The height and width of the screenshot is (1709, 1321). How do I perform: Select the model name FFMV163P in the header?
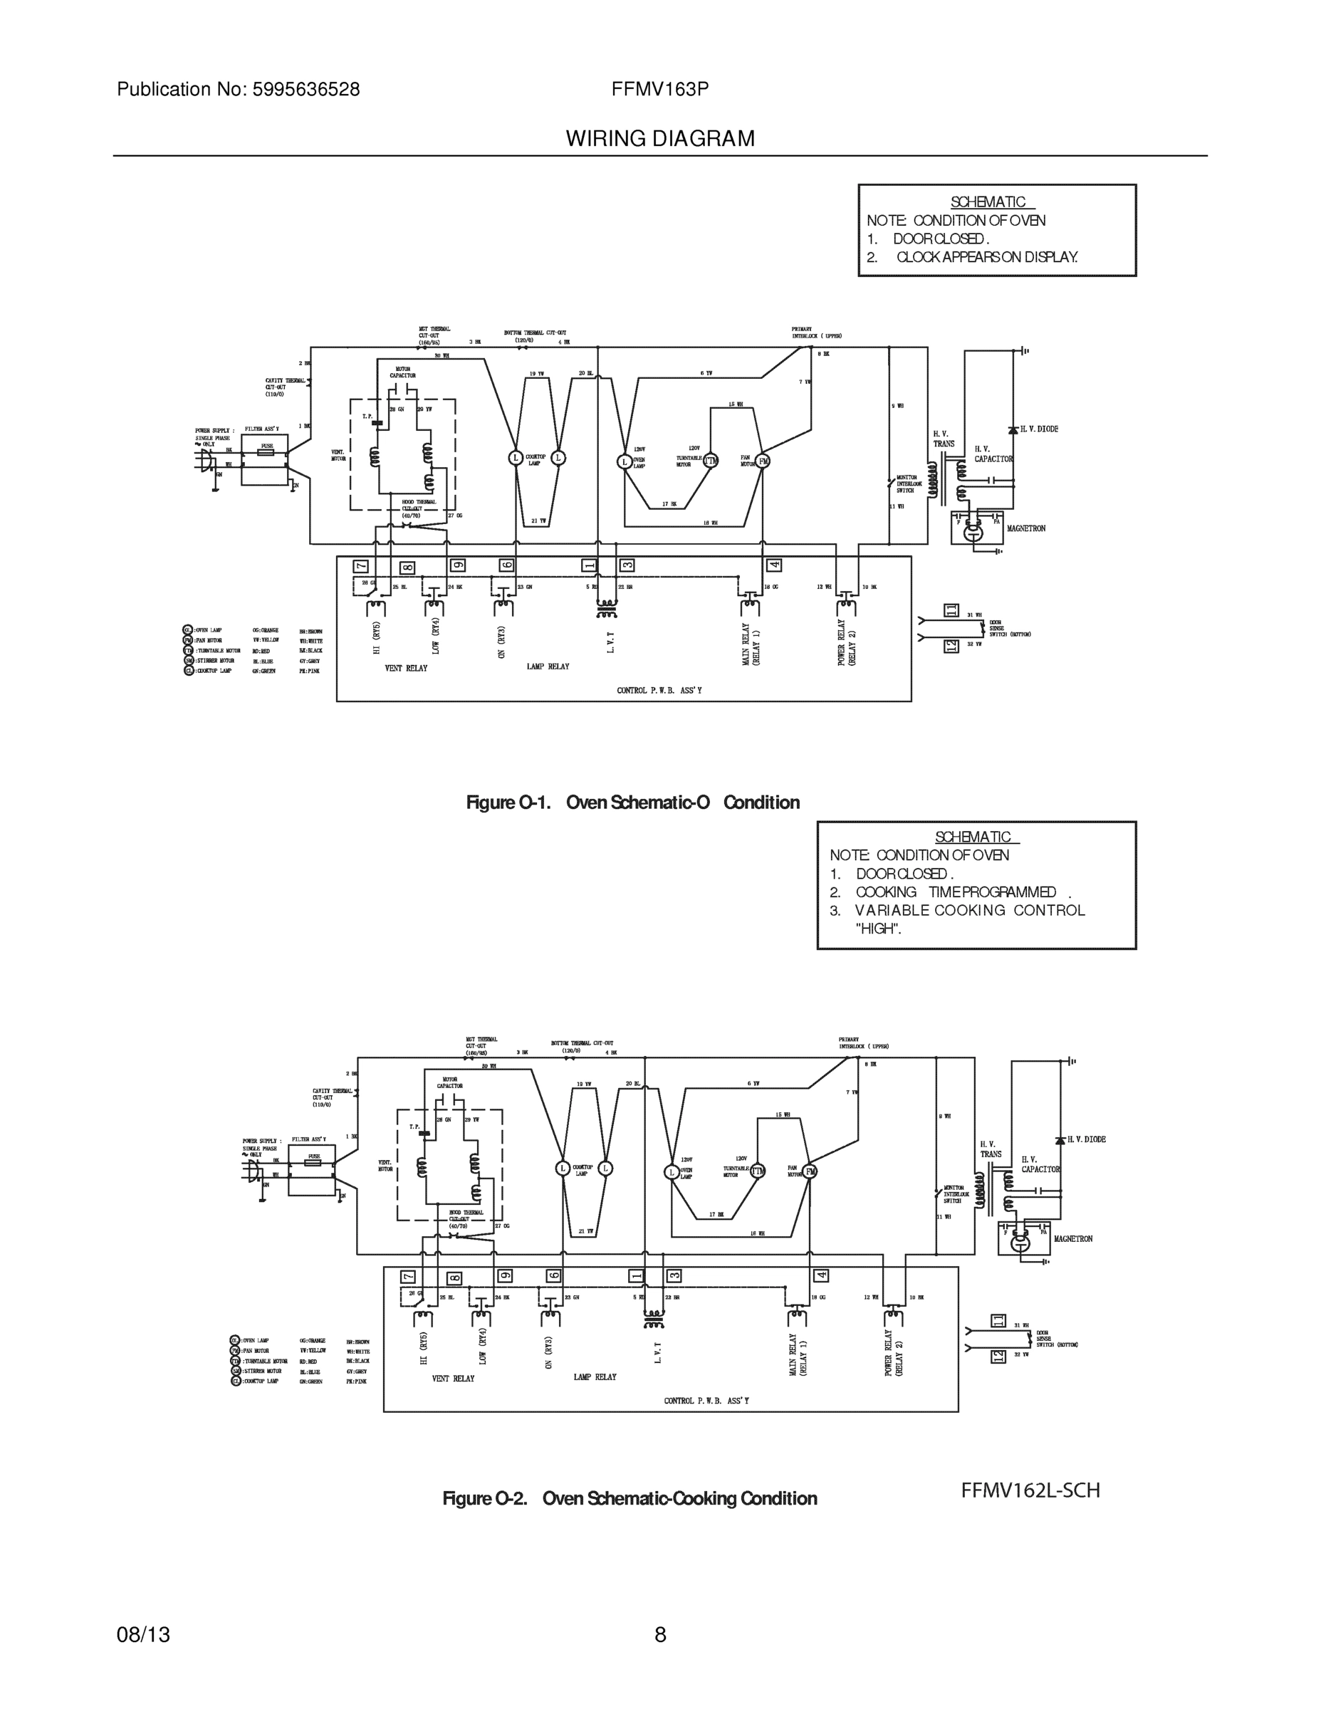pos(659,90)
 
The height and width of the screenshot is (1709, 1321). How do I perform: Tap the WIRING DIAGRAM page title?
pos(659,139)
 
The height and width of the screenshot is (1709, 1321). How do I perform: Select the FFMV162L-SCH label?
pos(1030,1490)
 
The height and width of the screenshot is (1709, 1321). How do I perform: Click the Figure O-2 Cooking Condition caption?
pos(630,1498)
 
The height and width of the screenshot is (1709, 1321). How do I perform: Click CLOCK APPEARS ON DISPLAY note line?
pos(986,256)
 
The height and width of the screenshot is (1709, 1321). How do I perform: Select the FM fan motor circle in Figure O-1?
pos(763,461)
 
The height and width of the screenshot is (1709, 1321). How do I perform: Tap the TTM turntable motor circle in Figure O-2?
pos(758,1171)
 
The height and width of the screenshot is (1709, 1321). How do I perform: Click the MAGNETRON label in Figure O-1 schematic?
pos(1026,529)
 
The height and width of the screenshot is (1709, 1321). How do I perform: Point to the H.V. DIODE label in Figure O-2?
pos(1086,1139)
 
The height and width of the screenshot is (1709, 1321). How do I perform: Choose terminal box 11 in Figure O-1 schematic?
pos(951,610)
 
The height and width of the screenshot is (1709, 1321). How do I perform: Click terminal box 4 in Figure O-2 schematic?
pos(821,1275)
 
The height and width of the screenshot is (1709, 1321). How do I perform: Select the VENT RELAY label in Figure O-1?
pos(406,668)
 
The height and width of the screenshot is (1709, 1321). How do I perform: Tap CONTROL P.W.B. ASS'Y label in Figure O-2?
pos(706,1401)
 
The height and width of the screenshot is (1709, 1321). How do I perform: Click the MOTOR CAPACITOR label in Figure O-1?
pos(403,372)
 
